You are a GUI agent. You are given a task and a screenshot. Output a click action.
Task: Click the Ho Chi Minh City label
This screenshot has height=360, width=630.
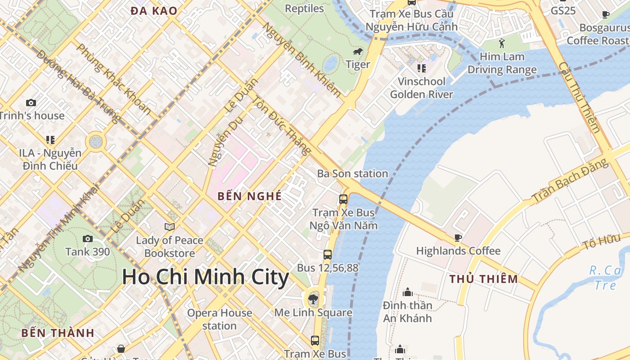pos(205,277)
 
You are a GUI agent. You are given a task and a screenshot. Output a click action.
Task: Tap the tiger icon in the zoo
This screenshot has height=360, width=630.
pos(358,52)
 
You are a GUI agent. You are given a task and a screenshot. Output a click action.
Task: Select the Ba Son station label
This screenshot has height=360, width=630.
pos(352,174)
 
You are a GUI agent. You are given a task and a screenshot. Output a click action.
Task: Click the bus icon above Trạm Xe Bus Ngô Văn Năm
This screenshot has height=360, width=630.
pos(343,199)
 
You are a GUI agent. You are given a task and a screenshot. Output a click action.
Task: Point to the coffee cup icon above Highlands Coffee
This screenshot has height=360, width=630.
pos(458,238)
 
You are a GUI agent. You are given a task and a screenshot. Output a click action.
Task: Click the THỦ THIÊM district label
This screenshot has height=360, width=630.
pos(484,279)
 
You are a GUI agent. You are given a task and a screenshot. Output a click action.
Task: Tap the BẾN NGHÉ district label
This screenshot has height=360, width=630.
pos(249,196)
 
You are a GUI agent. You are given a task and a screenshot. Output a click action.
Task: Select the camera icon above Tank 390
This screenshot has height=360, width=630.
pos(88,238)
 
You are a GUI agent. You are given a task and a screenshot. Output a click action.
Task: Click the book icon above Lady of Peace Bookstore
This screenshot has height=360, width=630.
pos(170,227)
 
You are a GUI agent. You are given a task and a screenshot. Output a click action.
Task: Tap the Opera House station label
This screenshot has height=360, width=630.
pos(219,319)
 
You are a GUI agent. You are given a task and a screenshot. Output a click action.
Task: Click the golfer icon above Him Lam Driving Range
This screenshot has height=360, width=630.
pos(502,44)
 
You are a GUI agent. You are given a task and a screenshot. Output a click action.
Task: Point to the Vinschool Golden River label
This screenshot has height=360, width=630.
pos(421,88)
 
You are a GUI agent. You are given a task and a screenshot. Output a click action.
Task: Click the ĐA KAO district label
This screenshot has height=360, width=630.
pos(153,11)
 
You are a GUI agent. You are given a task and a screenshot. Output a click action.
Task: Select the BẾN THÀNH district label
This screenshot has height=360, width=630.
pos(58,333)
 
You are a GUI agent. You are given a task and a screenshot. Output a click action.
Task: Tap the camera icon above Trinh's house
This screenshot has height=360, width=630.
pos(31,103)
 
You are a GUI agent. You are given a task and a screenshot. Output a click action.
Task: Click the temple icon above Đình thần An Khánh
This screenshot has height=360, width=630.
pos(408,292)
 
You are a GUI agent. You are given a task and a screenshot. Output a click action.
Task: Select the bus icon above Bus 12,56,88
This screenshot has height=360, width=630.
pos(328,255)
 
